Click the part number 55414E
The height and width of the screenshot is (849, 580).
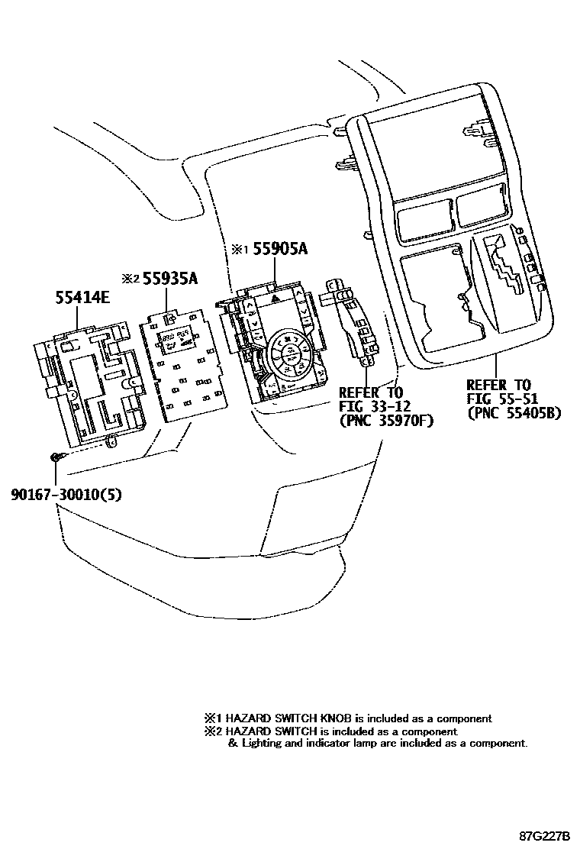(82, 297)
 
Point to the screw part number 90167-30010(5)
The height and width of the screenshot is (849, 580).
(66, 494)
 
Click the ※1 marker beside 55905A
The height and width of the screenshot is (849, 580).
(240, 250)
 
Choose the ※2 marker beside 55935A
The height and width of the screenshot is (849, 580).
(128, 279)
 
